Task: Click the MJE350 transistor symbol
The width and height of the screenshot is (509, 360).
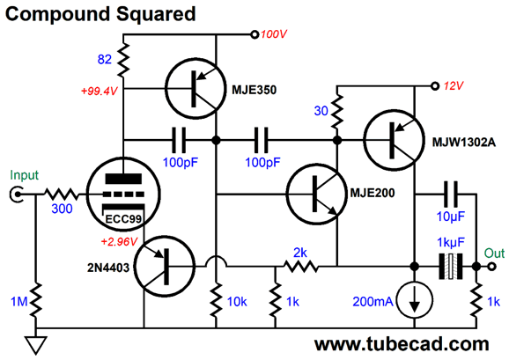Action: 195,89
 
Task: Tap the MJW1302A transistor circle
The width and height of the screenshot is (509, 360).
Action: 394,140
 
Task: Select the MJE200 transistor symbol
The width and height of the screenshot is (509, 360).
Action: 316,194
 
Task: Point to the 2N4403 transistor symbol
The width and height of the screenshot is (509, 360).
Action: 165,267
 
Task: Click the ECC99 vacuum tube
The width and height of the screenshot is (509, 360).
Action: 123,194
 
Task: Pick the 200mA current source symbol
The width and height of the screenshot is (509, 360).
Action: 415,299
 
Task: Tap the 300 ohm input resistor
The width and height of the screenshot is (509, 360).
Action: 62,194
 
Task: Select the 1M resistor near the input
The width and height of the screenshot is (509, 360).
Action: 36,299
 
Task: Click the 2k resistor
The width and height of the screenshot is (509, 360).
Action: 301,267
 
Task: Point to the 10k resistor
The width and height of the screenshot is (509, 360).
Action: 217,299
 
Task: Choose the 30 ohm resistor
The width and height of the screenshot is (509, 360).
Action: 337,111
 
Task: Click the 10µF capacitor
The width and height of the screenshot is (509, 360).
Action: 451,194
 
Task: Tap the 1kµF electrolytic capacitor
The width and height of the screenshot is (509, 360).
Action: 451,267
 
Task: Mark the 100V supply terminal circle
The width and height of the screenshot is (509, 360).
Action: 254,34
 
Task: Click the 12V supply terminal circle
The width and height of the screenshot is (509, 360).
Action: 435,86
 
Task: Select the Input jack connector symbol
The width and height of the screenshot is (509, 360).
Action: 16,194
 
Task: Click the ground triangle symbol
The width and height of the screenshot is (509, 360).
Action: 36,345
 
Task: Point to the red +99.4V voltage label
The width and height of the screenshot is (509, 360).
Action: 99,92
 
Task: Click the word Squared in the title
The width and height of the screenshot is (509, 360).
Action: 156,15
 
